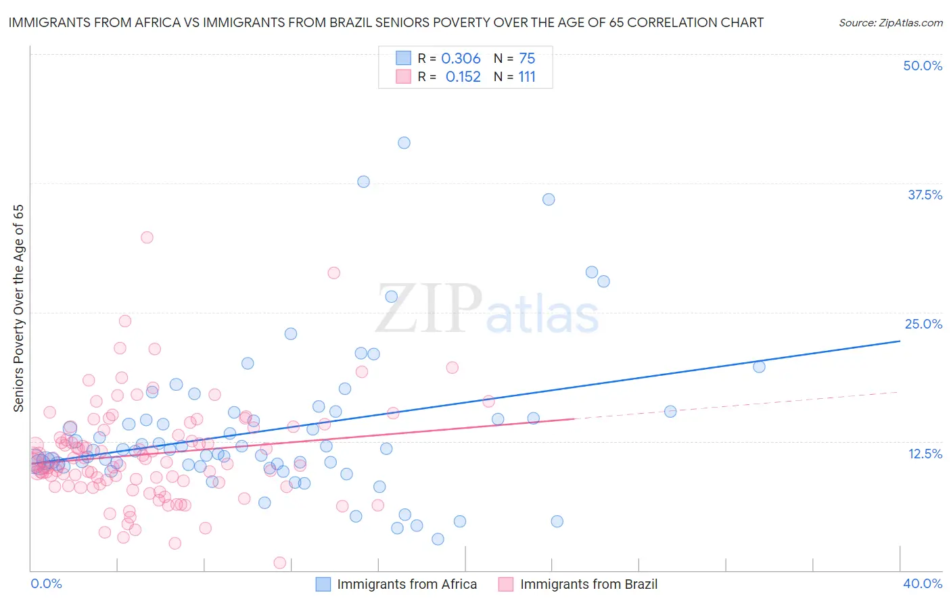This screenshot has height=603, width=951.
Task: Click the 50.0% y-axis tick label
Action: [x=923, y=66]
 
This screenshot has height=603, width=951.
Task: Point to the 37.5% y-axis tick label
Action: [x=925, y=195]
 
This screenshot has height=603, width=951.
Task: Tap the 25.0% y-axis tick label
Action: [x=923, y=324]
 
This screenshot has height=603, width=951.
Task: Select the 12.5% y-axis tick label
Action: [x=925, y=454]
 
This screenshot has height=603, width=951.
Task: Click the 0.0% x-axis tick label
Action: [x=46, y=583]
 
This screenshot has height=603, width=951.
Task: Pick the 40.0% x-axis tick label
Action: [x=923, y=583]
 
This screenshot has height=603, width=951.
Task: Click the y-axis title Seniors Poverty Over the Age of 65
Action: [x=18, y=308]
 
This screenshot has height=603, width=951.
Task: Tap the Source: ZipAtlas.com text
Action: [x=890, y=22]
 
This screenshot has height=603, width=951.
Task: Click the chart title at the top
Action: [x=386, y=22]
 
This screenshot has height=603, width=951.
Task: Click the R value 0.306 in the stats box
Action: [x=461, y=59]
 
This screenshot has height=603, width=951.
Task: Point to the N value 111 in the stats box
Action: [x=527, y=77]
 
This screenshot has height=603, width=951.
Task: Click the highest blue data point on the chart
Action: [x=404, y=143]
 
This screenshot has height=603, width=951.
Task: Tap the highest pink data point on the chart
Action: [x=147, y=237]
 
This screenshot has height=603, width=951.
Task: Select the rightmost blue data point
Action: [x=759, y=366]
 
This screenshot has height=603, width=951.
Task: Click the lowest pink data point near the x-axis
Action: [x=279, y=562]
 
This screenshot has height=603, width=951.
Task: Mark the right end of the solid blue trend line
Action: [x=900, y=341]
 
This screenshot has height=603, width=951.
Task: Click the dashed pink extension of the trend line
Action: [x=737, y=406]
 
